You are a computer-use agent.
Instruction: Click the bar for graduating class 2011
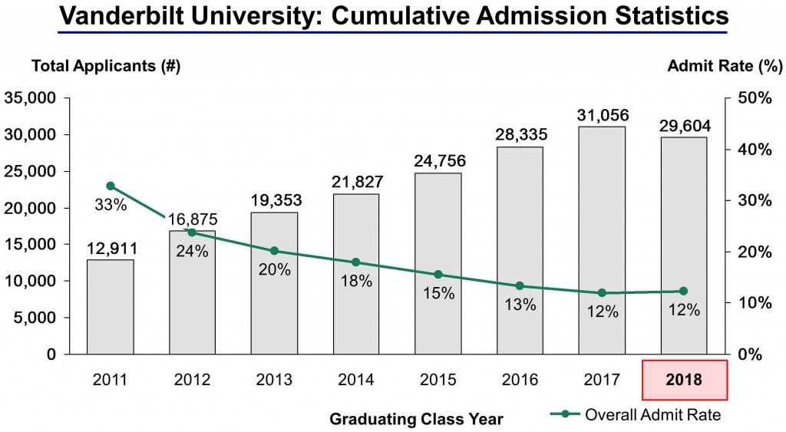pos(110,307)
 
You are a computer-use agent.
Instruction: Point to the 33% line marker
pos(110,186)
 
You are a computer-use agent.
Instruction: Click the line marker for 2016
pos(520,286)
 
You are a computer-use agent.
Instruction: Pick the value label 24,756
pos(438,161)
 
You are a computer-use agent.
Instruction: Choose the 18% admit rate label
pos(356,281)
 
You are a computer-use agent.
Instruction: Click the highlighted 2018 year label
pos(684,379)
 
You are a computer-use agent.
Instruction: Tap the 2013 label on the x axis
pos(274,379)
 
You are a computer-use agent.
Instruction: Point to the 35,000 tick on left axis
pos(31,98)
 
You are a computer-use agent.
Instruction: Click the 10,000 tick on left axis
pos(31,281)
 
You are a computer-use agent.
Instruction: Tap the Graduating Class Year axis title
pos(416,419)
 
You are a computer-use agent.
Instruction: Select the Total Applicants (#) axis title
pos(105,67)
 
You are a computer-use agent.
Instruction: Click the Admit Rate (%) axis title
pos(725,67)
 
